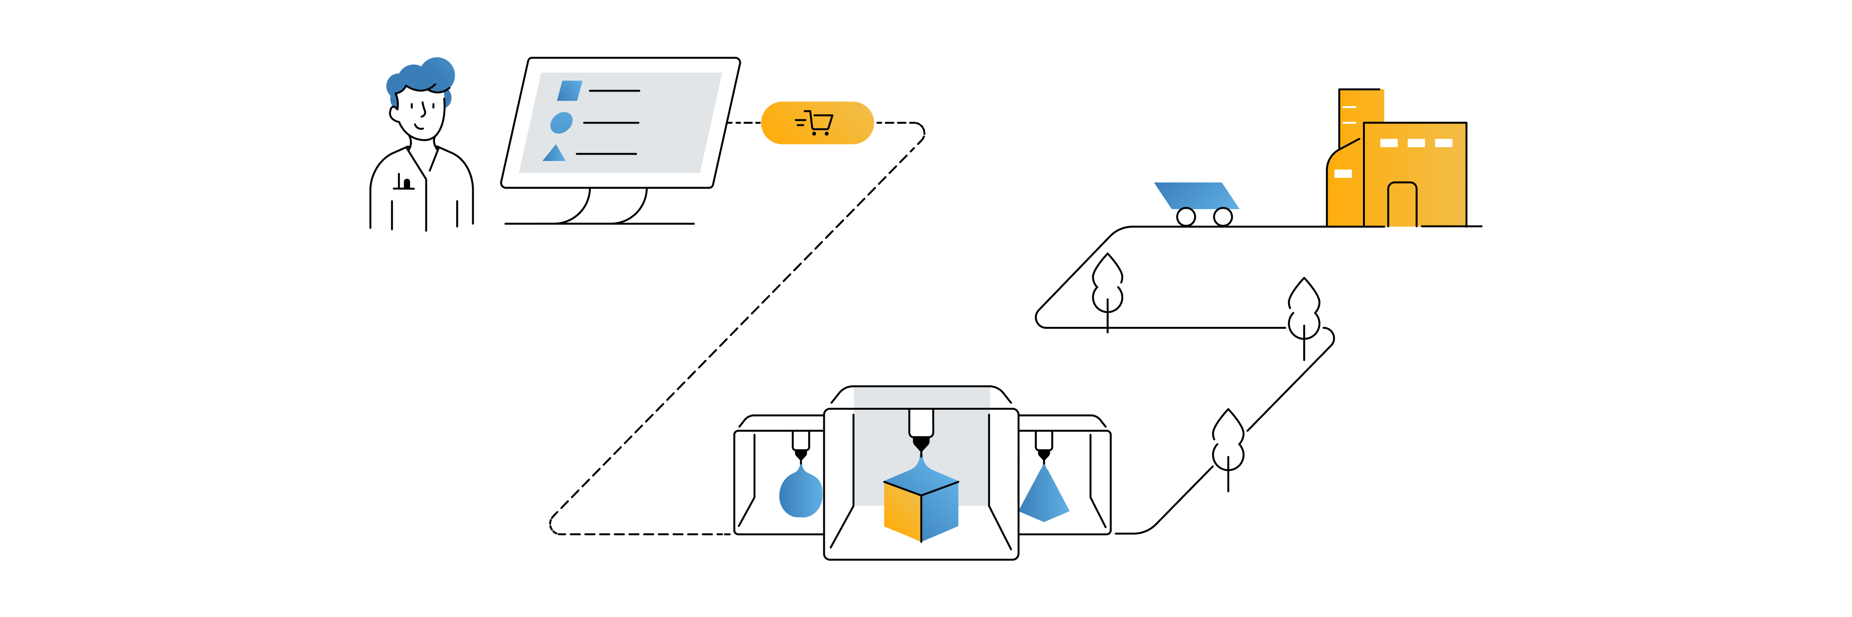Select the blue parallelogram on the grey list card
pyautogui.click(x=570, y=91)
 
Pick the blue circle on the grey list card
pyautogui.click(x=561, y=123)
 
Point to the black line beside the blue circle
pyautogui.click(x=611, y=123)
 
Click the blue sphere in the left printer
pyautogui.click(x=800, y=494)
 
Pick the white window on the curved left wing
pyautogui.click(x=1342, y=174)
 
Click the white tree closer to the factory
pyautogui.click(x=1304, y=308)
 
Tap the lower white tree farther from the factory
pyautogui.click(x=1228, y=440)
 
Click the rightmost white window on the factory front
pyautogui.click(x=1443, y=143)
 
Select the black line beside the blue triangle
pyautogui.click(x=606, y=154)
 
